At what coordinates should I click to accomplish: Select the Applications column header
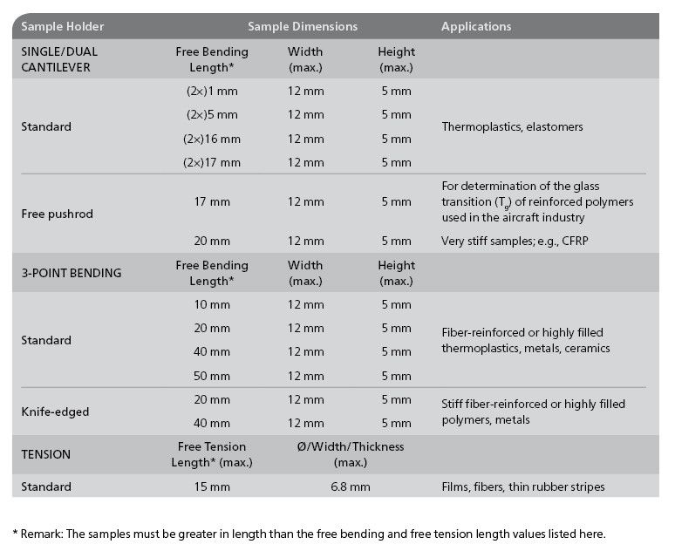pos(476,26)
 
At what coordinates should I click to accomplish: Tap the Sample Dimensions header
pos(302,26)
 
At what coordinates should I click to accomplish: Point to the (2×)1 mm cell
pos(212,90)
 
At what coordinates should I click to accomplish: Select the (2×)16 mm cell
pos(212,139)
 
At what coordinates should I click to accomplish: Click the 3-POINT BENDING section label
pos(72,273)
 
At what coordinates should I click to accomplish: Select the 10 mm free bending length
pos(212,304)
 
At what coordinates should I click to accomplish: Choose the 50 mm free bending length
pos(212,376)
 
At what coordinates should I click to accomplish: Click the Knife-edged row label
pos(54,412)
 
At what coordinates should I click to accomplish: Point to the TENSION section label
pos(46,454)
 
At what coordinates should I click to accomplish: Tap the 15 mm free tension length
pos(212,486)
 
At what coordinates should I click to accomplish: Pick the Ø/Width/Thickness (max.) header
pos(351,454)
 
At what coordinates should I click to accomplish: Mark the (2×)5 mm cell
pos(212,114)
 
